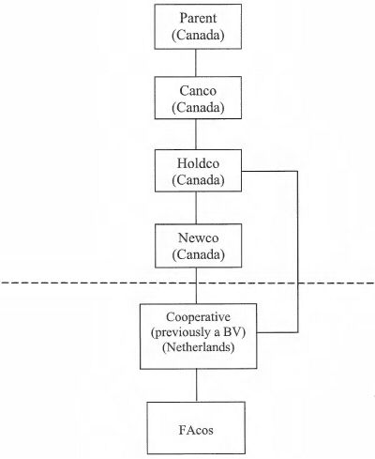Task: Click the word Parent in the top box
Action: (198, 18)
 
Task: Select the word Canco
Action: (198, 91)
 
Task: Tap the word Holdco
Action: (198, 163)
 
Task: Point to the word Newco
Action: (198, 237)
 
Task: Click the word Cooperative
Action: (198, 317)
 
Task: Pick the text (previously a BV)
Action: (198, 332)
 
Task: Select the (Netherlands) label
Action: (198, 347)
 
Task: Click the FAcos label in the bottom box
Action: (196, 430)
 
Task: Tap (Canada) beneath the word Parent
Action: (198, 35)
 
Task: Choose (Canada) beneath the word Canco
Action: (198, 108)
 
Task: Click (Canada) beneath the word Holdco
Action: (198, 180)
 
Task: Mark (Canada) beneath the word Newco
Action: (198, 254)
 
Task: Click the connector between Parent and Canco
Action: (196, 63)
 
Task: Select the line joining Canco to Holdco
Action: (196, 134)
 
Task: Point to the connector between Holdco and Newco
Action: (196, 207)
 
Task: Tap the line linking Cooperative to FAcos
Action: (197, 385)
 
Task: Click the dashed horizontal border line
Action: (187, 283)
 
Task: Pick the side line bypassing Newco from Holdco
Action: (297, 252)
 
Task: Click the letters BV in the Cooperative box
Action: (234, 332)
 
